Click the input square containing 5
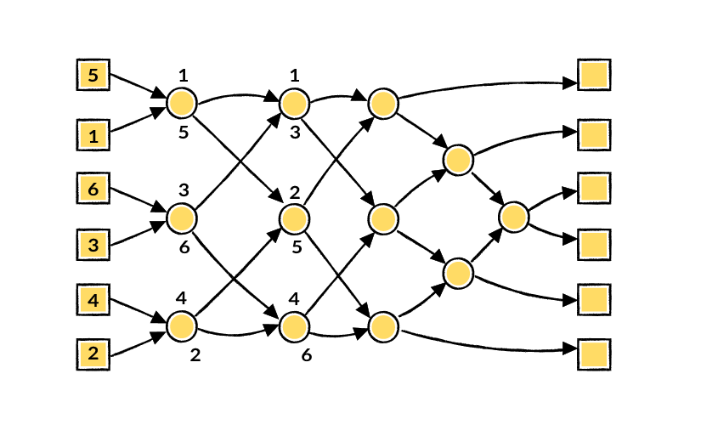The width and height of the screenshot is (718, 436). (x=93, y=75)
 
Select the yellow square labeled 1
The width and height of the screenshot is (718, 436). (x=93, y=135)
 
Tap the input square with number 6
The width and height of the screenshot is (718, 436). (x=93, y=188)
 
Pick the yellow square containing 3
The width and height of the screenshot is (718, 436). (x=93, y=245)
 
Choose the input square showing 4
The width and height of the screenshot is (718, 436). (x=93, y=300)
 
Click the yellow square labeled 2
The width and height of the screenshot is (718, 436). (x=93, y=354)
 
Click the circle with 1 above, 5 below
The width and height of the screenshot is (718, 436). (x=182, y=104)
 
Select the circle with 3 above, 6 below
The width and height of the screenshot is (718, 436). (x=182, y=218)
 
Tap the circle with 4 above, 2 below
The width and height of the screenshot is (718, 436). (x=182, y=326)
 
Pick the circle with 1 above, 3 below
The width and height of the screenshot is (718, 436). (x=294, y=104)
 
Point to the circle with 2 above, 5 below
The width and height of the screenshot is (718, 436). (x=294, y=218)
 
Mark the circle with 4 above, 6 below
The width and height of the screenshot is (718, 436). (x=294, y=326)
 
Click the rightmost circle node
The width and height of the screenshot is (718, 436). (x=514, y=217)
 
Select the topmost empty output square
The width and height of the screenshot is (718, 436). (x=594, y=75)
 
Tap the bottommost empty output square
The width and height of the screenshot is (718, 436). (x=594, y=354)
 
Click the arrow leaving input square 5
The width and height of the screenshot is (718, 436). (x=139, y=86)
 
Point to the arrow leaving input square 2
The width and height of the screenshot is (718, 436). (x=139, y=343)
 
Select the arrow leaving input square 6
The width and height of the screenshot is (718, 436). (x=139, y=200)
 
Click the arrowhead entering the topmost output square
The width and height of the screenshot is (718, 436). (x=570, y=83)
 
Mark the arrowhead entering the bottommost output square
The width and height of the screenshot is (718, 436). (x=570, y=349)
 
